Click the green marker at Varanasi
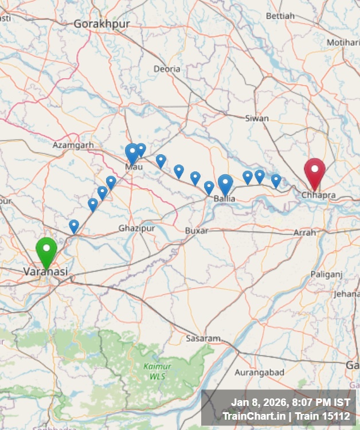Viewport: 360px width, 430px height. (x=46, y=251)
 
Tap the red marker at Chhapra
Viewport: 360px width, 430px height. (x=314, y=172)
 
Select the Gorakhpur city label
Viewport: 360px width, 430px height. (x=101, y=24)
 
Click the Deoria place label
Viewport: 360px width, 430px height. (x=167, y=69)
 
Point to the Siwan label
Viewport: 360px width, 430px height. (x=256, y=118)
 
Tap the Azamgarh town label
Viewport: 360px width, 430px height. (x=73, y=145)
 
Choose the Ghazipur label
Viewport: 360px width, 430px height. (x=137, y=228)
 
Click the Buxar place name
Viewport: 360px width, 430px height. (x=197, y=230)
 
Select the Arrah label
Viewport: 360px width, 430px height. (x=304, y=232)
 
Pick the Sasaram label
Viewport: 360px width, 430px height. (x=203, y=338)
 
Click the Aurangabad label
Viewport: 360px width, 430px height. (x=259, y=372)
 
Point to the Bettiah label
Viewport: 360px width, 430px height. (x=280, y=15)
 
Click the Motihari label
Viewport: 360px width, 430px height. (x=343, y=42)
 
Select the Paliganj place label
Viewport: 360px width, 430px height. (x=326, y=275)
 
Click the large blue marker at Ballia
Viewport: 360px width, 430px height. (x=225, y=183)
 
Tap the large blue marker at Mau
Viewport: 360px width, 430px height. (x=132, y=153)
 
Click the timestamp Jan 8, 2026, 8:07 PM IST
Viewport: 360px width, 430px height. (x=290, y=402)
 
